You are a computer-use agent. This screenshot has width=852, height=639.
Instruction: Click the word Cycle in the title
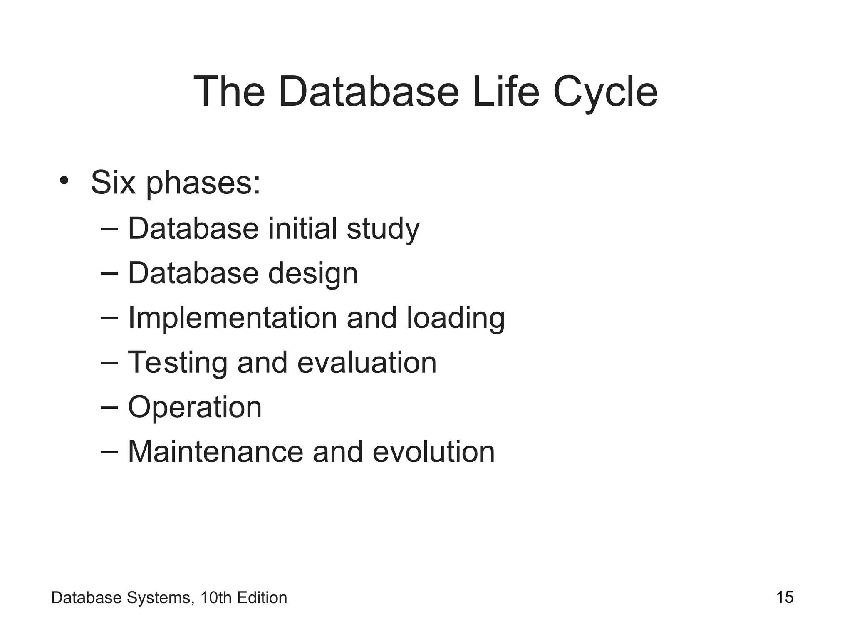tap(605, 92)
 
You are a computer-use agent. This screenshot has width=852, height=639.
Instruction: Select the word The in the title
tap(229, 92)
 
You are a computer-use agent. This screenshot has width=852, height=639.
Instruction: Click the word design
tap(313, 274)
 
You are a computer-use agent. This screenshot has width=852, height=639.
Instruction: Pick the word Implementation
tap(232, 319)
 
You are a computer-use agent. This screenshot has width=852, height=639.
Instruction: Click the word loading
tap(456, 319)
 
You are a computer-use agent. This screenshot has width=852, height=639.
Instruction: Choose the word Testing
tap(178, 363)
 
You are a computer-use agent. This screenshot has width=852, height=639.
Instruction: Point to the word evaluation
tap(367, 362)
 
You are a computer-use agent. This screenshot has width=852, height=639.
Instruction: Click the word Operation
tap(195, 408)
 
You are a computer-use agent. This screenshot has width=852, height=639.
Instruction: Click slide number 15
tap(785, 597)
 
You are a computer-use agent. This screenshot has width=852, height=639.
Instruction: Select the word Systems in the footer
tap(161, 598)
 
